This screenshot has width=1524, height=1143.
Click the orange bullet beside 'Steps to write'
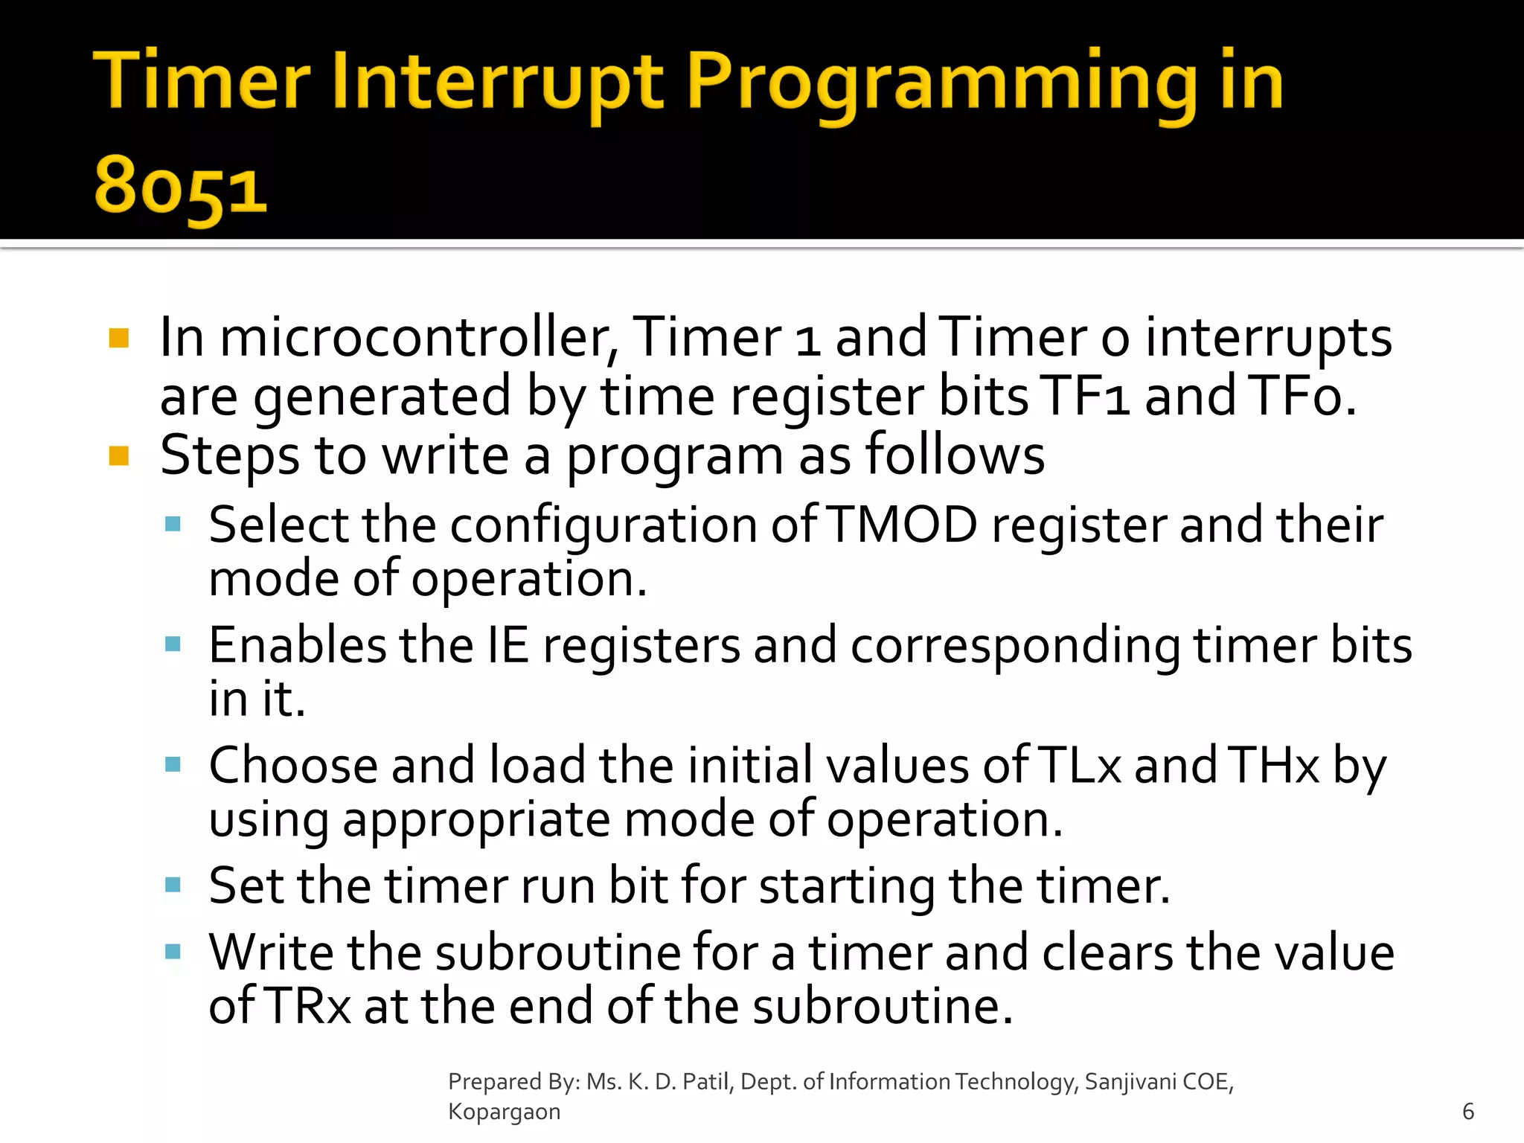coord(119,455)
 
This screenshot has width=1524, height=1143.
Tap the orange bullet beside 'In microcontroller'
coord(119,339)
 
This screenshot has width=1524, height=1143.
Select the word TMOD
coord(902,525)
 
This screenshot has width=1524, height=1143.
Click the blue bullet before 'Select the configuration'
coord(173,524)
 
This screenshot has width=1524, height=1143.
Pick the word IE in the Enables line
coord(508,645)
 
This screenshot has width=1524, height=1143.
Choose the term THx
coord(1273,766)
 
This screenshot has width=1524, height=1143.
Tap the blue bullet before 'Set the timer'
coord(173,885)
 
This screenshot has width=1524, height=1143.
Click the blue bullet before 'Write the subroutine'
coord(173,952)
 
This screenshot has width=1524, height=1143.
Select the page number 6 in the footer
coord(1467,1112)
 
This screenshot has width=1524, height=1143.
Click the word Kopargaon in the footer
coord(504,1112)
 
